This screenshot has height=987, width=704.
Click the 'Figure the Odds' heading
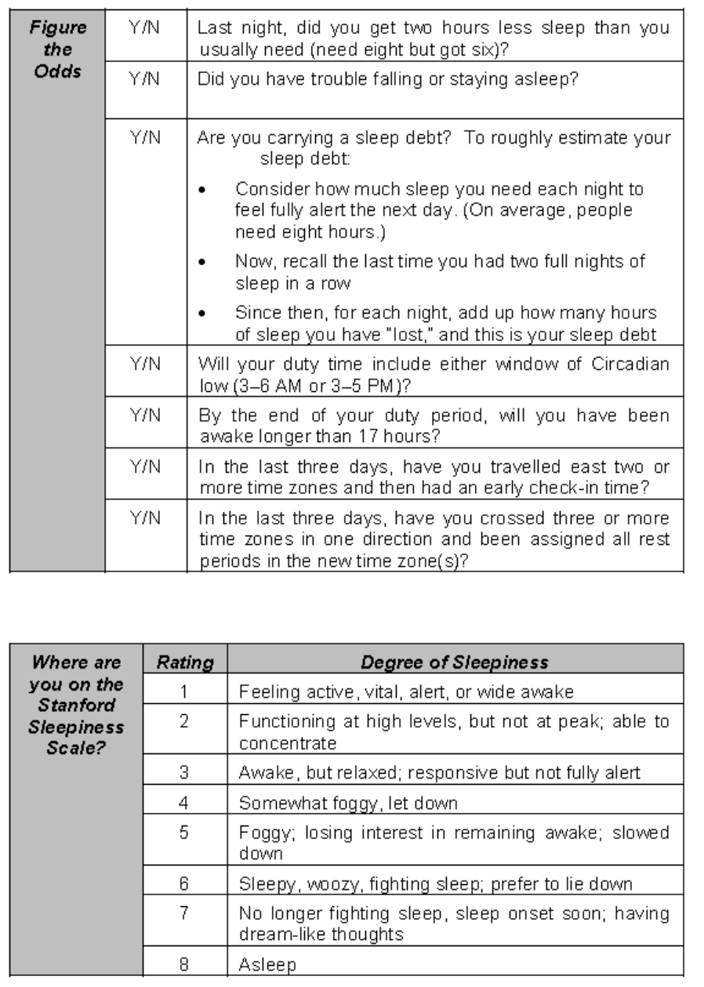(57, 48)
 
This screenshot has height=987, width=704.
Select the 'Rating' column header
(186, 662)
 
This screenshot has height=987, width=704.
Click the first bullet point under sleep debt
(204, 191)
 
